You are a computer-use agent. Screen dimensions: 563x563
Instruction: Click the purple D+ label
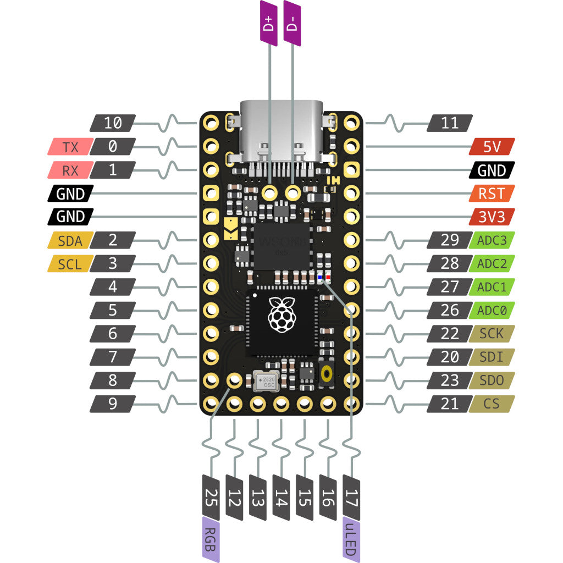pos(269,23)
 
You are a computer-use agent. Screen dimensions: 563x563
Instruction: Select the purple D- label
pos(292,23)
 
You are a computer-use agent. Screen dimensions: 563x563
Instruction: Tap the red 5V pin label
pos(492,147)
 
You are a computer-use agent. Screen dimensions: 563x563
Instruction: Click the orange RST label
pos(492,193)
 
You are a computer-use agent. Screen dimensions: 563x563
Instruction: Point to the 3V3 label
pos(492,217)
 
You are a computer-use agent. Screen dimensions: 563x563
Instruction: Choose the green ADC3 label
pos(492,240)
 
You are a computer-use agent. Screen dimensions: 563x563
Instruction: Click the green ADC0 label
pos(492,310)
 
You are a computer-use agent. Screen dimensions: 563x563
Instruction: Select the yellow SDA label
pos(69,240)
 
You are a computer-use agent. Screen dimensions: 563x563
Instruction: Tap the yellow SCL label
pos(69,264)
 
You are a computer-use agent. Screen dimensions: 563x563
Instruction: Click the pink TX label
pos(69,147)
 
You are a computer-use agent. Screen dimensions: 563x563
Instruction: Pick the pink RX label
pos(69,170)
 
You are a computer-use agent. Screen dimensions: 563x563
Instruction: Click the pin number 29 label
pos(450,240)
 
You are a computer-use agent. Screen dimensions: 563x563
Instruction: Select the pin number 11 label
pos(450,123)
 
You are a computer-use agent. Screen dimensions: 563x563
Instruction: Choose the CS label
pos(492,404)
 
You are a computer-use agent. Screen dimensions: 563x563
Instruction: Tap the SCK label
pos(492,334)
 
